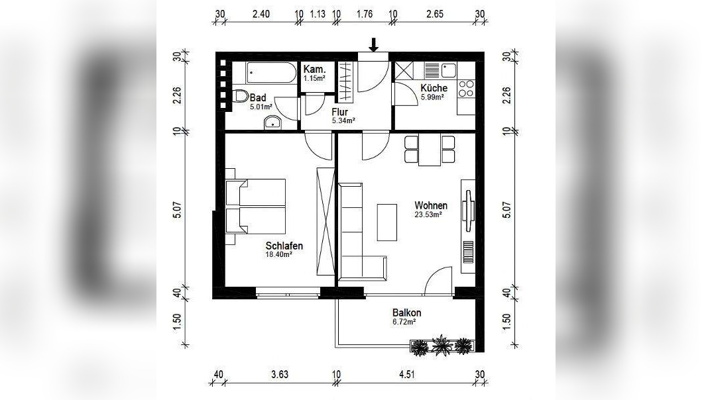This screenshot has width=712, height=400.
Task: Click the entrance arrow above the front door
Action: [x=373, y=45]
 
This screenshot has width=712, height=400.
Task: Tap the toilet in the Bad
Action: [x=241, y=96]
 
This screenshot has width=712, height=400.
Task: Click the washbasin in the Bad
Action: [x=272, y=123]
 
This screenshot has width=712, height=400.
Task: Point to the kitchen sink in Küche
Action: [x=441, y=70]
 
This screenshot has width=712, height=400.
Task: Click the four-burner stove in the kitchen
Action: [x=466, y=89]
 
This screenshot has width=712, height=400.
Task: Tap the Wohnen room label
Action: [x=430, y=205]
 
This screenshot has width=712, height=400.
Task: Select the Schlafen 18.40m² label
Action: [x=284, y=250]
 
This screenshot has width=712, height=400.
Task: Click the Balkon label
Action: [x=406, y=313]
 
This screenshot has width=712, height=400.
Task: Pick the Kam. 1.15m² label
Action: [x=315, y=73]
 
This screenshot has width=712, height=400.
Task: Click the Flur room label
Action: [x=339, y=112]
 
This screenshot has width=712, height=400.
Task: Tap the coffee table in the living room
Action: [x=387, y=223]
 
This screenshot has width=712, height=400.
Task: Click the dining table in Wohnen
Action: [x=430, y=150]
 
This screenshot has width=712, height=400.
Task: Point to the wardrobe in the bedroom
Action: [x=325, y=221]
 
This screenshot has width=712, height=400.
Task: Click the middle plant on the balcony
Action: [x=441, y=346]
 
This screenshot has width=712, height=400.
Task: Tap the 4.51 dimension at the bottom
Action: [x=407, y=375]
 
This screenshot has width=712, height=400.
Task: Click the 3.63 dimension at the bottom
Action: [x=280, y=375]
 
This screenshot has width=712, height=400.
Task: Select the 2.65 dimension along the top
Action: [x=434, y=14]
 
